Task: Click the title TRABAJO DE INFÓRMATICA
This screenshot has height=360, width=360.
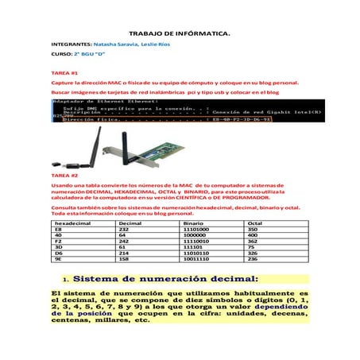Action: coord(179,34)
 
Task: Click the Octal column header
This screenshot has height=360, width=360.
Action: coord(255,224)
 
